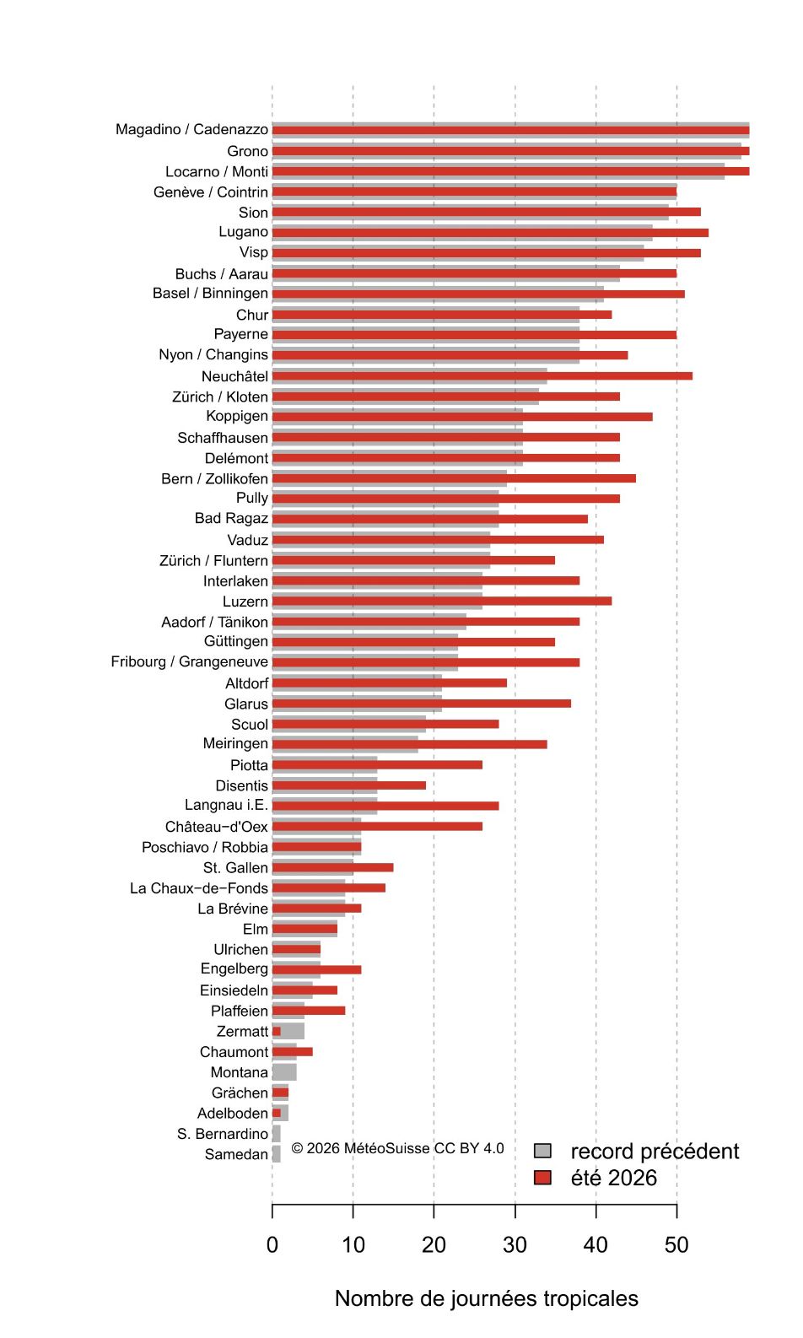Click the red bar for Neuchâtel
point(482,375)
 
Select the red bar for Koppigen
point(462,417)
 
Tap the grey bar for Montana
point(284,1072)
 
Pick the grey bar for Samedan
point(277,1154)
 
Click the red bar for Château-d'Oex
point(377,827)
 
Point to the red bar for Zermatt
point(277,1031)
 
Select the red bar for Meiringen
point(410,744)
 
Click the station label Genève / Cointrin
point(211,192)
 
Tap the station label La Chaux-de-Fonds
point(199,888)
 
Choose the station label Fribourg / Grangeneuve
point(190,662)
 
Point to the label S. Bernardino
point(223,1134)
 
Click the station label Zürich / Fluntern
point(213,561)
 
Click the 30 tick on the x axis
point(515,1211)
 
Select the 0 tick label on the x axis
point(272,1245)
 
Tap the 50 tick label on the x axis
point(676,1245)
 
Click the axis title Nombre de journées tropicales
point(487,1298)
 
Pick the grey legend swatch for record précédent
point(542,1151)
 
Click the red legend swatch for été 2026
point(542,1178)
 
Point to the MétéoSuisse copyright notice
point(397,1148)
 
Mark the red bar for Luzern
point(442,601)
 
